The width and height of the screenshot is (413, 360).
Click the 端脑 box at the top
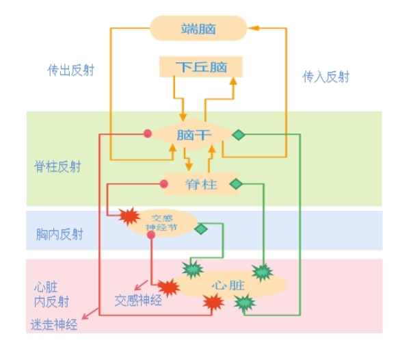[x=198, y=28]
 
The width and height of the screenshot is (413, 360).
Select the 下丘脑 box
[x=200, y=67]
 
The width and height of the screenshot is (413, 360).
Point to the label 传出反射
[x=71, y=70]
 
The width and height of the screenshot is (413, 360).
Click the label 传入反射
[x=326, y=77]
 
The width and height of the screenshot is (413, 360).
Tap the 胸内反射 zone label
[x=59, y=234]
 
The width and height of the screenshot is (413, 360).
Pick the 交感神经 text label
[x=138, y=300]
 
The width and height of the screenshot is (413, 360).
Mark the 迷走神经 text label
[x=54, y=325]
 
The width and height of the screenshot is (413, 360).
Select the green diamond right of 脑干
[x=238, y=134]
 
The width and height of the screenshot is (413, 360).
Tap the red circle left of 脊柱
[x=164, y=183]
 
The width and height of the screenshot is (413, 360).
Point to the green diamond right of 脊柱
[x=235, y=183]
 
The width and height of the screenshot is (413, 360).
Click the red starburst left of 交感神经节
[x=130, y=217]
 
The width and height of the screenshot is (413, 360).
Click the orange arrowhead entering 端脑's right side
[x=252, y=28]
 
